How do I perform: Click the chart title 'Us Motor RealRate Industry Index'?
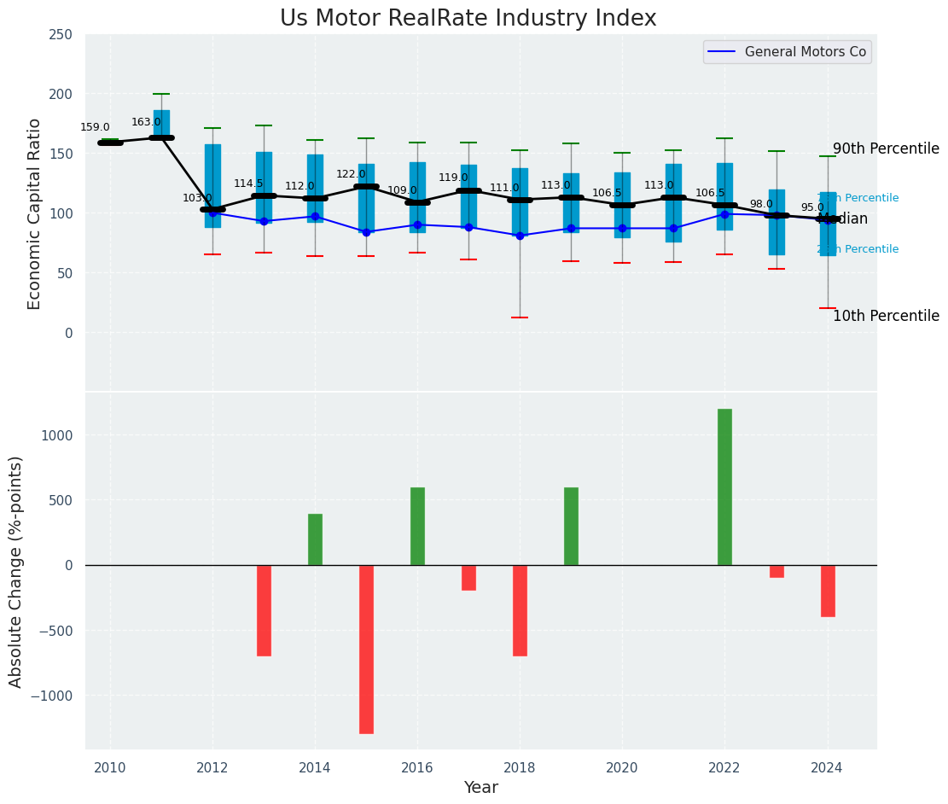[468, 19]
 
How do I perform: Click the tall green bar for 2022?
[724, 486]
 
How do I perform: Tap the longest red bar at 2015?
[366, 649]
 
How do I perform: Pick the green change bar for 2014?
[315, 539]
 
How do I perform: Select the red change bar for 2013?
[264, 610]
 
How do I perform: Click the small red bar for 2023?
[776, 571]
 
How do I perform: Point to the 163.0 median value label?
[146, 122]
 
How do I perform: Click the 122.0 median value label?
[351, 174]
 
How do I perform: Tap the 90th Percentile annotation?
[886, 149]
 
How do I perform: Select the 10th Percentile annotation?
[886, 316]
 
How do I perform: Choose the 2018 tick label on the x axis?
[520, 768]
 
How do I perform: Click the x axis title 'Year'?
[480, 788]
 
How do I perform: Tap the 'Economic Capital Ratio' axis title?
[35, 213]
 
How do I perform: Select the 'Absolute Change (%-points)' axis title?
[16, 571]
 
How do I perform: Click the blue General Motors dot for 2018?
[520, 236]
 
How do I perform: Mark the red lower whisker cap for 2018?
[520, 318]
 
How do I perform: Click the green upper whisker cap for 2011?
[161, 94]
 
